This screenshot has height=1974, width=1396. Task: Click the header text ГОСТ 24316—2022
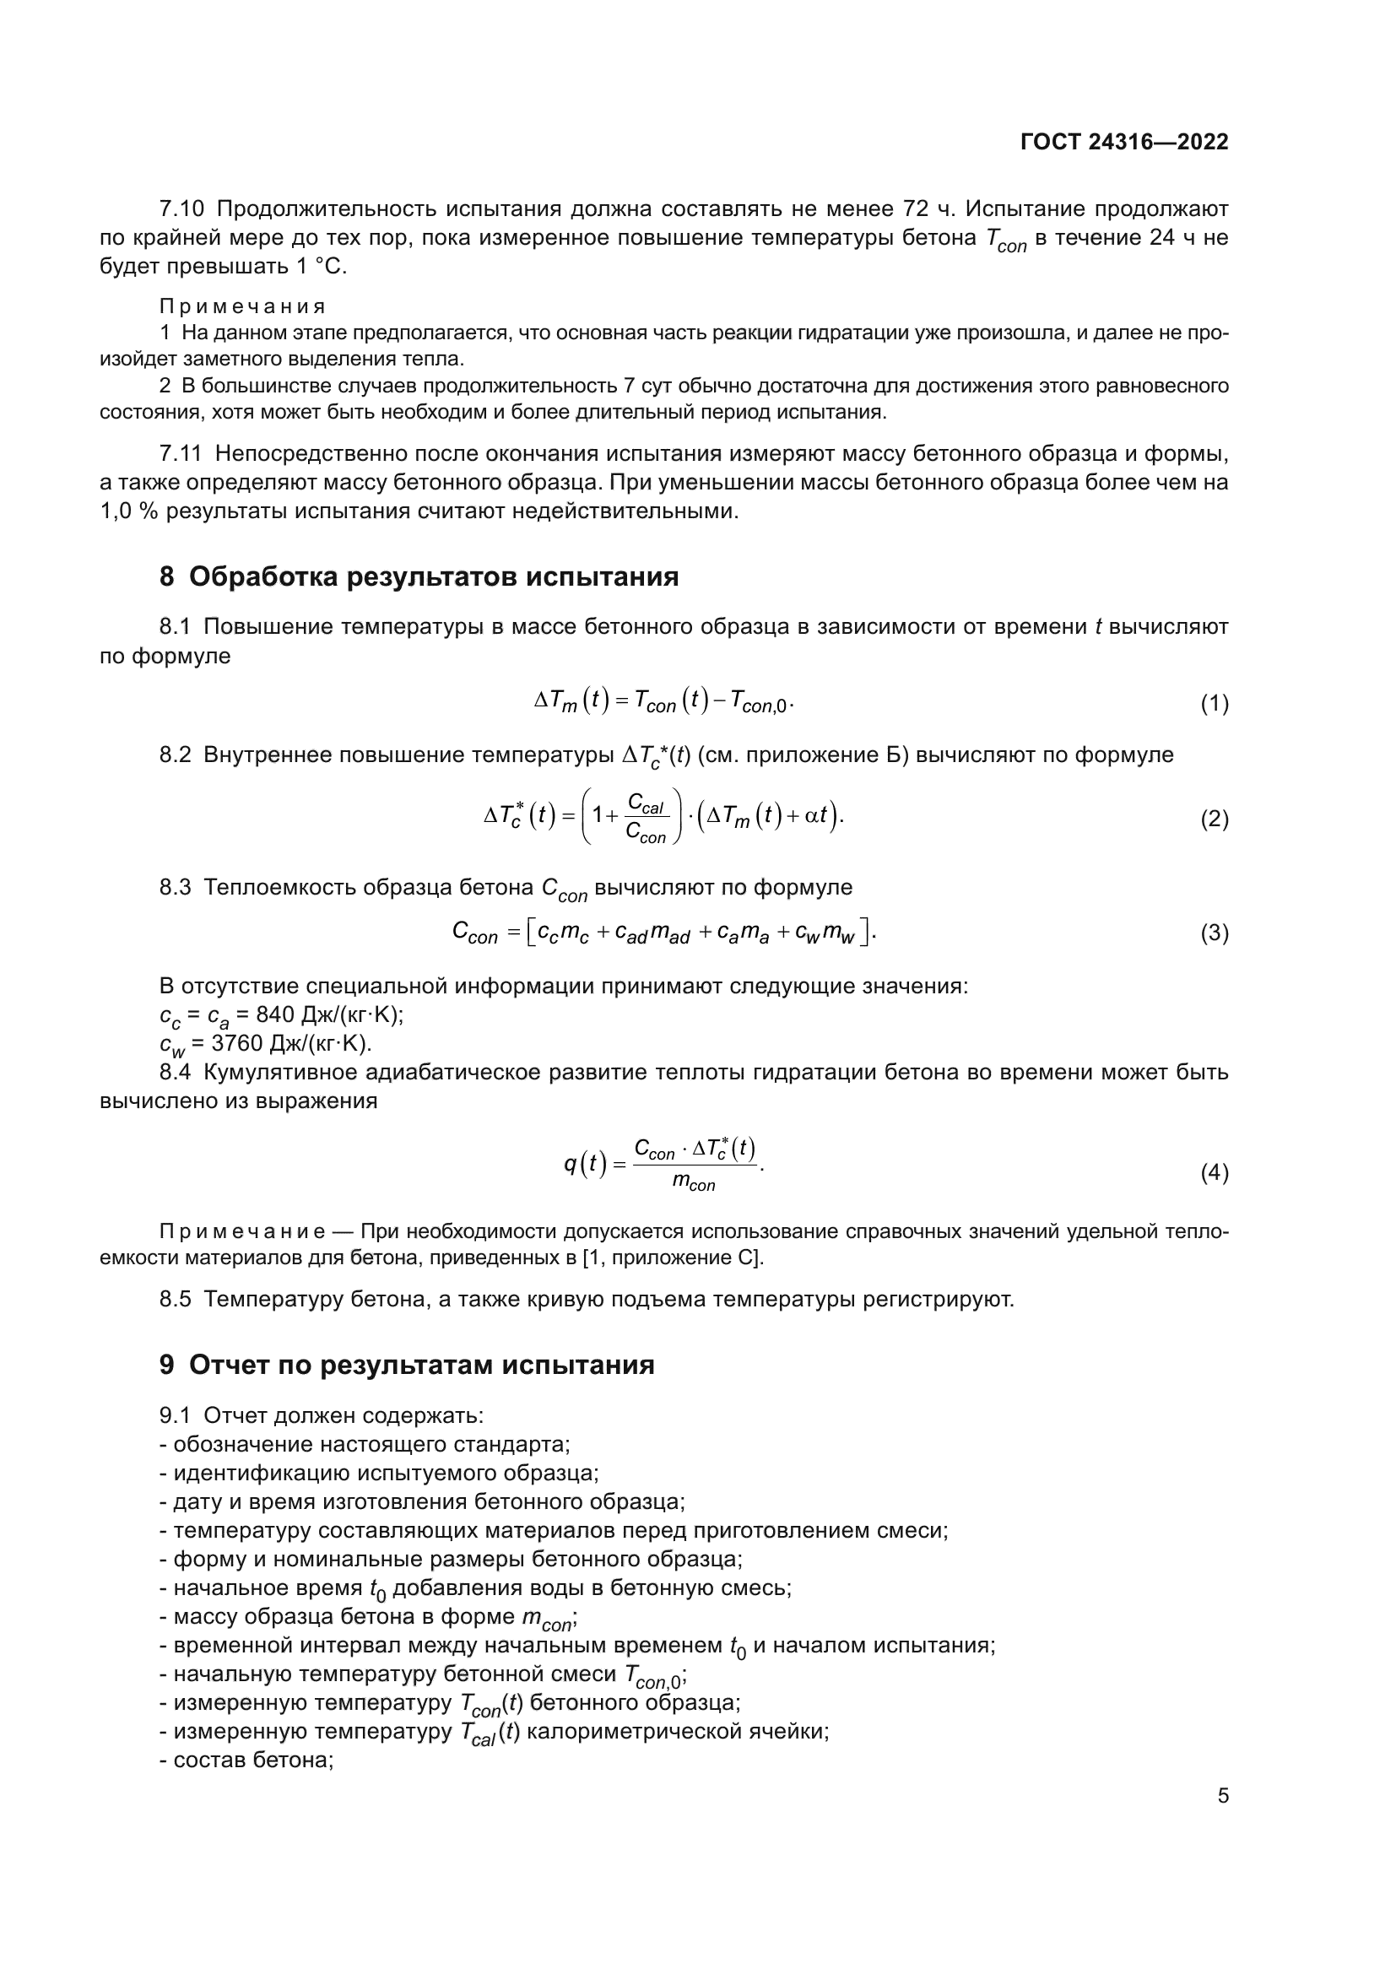click(x=1123, y=143)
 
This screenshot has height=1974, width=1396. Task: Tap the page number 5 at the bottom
click(x=1222, y=1796)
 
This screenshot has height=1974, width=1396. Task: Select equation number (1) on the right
click(x=1214, y=704)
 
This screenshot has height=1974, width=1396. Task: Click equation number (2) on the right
click(x=1214, y=819)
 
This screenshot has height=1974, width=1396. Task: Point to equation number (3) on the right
click(x=1214, y=933)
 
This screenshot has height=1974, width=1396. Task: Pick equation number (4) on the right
click(x=1214, y=1173)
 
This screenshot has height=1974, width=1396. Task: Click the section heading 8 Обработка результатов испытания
click(x=419, y=577)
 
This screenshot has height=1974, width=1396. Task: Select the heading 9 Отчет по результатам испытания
click(x=407, y=1366)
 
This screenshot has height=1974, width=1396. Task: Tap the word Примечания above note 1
click(x=242, y=307)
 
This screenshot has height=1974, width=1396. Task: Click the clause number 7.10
click(x=181, y=209)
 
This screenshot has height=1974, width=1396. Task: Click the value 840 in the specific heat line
click(x=275, y=1014)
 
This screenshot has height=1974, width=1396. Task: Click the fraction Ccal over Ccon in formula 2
click(x=647, y=819)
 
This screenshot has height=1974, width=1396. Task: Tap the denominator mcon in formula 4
click(x=693, y=1184)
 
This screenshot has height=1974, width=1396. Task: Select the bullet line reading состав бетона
click(x=246, y=1760)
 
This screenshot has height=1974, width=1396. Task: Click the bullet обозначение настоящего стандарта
click(x=365, y=1444)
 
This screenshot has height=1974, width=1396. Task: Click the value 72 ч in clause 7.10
click(x=930, y=209)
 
